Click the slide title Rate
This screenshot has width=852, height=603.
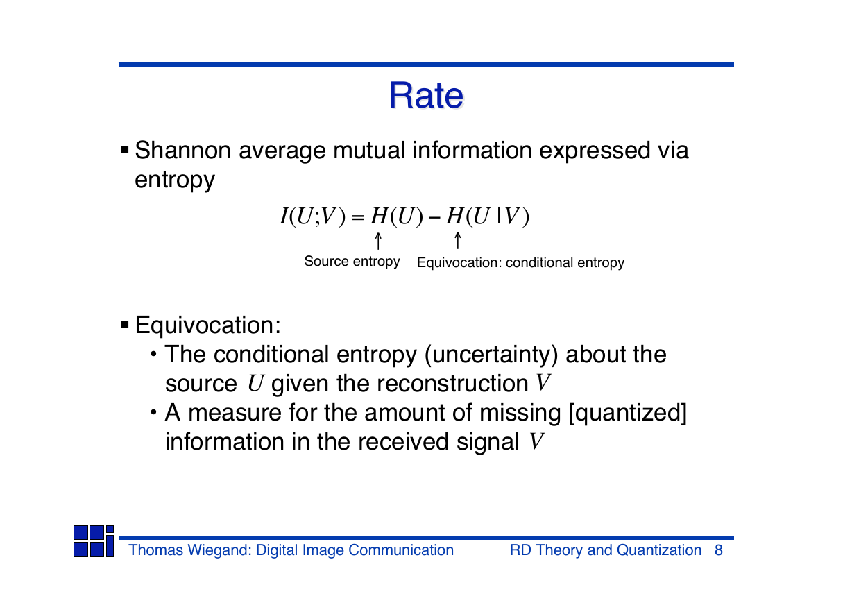[x=426, y=95]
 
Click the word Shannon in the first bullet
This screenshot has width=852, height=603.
[x=183, y=150]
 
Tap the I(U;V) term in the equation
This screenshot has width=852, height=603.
[x=313, y=216]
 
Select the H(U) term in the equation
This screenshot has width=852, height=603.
[x=397, y=216]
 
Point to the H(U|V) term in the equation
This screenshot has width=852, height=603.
[x=488, y=216]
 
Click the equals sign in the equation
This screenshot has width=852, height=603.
[x=358, y=218]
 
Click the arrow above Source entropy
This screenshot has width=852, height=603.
[x=378, y=241]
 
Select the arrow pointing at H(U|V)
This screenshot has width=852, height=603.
[x=458, y=241]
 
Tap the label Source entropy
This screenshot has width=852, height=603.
[x=352, y=262]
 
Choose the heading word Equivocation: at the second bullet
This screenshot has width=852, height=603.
[x=208, y=325]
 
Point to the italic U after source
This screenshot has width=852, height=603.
[x=255, y=383]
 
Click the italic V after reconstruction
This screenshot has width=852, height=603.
[x=543, y=382]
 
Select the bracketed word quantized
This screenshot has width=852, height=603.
[x=628, y=413]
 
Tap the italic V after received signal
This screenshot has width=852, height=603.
[x=537, y=441]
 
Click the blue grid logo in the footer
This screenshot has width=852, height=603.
[x=94, y=541]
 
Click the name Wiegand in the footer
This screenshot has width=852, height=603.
[x=219, y=550]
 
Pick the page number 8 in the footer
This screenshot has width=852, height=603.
[x=719, y=550]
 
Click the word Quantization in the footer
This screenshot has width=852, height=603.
[x=659, y=550]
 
